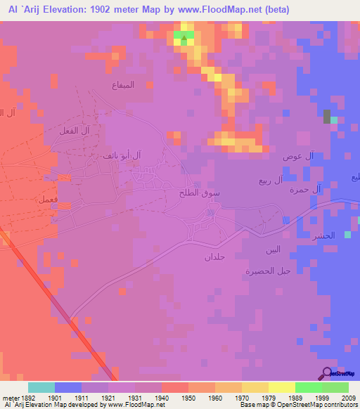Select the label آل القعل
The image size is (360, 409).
point(94,131)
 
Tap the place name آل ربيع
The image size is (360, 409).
point(271,181)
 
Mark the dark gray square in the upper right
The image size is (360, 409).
point(326,117)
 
